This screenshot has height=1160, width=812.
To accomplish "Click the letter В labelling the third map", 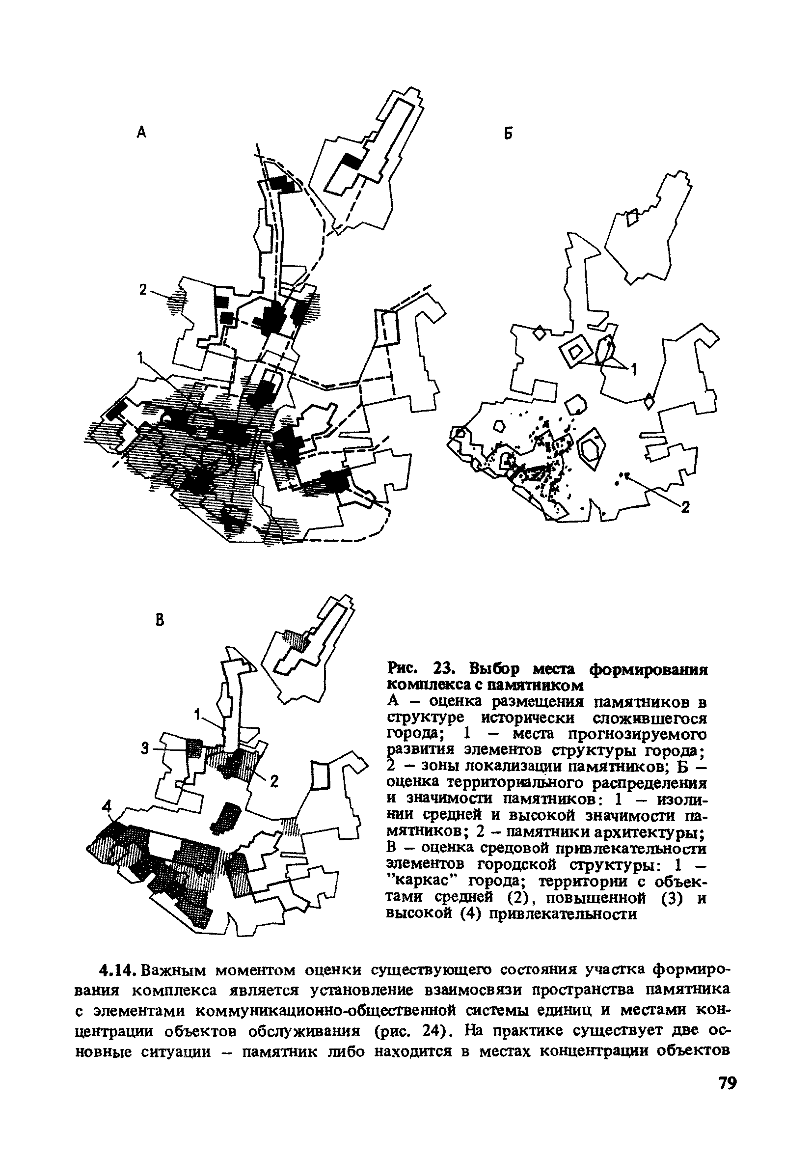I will coord(160,621).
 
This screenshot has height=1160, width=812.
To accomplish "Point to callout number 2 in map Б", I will coord(685,507).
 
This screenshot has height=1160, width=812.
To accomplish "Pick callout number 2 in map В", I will coord(274,781).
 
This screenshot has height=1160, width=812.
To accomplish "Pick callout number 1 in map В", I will coord(197,715).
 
